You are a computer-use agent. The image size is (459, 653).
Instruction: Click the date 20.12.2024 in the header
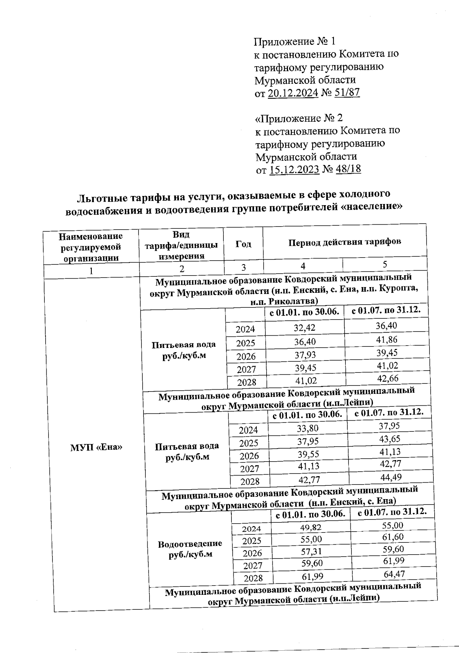(293, 93)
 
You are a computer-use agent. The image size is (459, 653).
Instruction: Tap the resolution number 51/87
(347, 93)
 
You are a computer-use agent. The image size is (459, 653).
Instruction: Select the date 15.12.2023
(294, 170)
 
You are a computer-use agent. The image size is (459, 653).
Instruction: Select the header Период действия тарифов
(345, 242)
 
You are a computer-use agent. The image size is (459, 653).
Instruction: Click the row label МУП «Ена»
(96, 447)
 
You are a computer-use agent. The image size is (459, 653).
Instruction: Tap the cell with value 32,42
(304, 328)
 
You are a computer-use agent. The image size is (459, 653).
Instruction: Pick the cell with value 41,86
(387, 340)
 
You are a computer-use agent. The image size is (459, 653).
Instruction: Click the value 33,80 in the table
(308, 429)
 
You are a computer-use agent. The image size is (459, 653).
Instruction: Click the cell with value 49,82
(311, 528)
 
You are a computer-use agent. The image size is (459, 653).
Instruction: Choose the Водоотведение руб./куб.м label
(190, 549)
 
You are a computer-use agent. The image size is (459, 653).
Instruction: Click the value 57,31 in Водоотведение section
(311, 552)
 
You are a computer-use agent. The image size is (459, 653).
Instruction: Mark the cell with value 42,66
(387, 379)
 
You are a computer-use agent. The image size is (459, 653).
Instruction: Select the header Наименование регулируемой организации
(91, 247)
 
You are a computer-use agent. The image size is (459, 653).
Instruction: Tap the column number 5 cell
(385, 264)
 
